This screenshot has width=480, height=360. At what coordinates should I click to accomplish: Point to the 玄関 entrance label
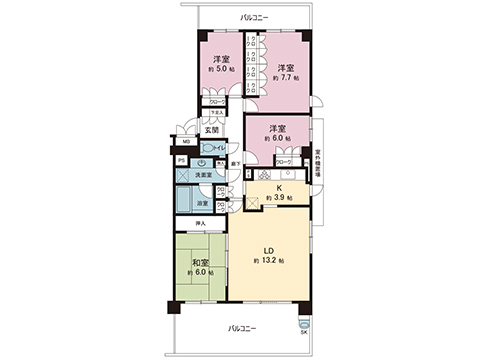[x=212, y=129]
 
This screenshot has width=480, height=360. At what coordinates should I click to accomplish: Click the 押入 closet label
[x=200, y=223]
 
